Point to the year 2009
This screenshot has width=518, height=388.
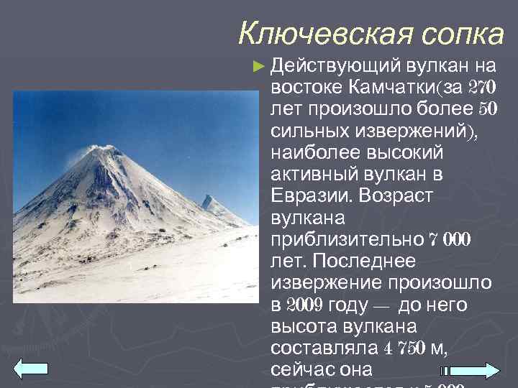point(305,305)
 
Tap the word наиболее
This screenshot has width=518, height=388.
point(315,154)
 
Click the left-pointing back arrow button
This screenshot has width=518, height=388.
point(31,369)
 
